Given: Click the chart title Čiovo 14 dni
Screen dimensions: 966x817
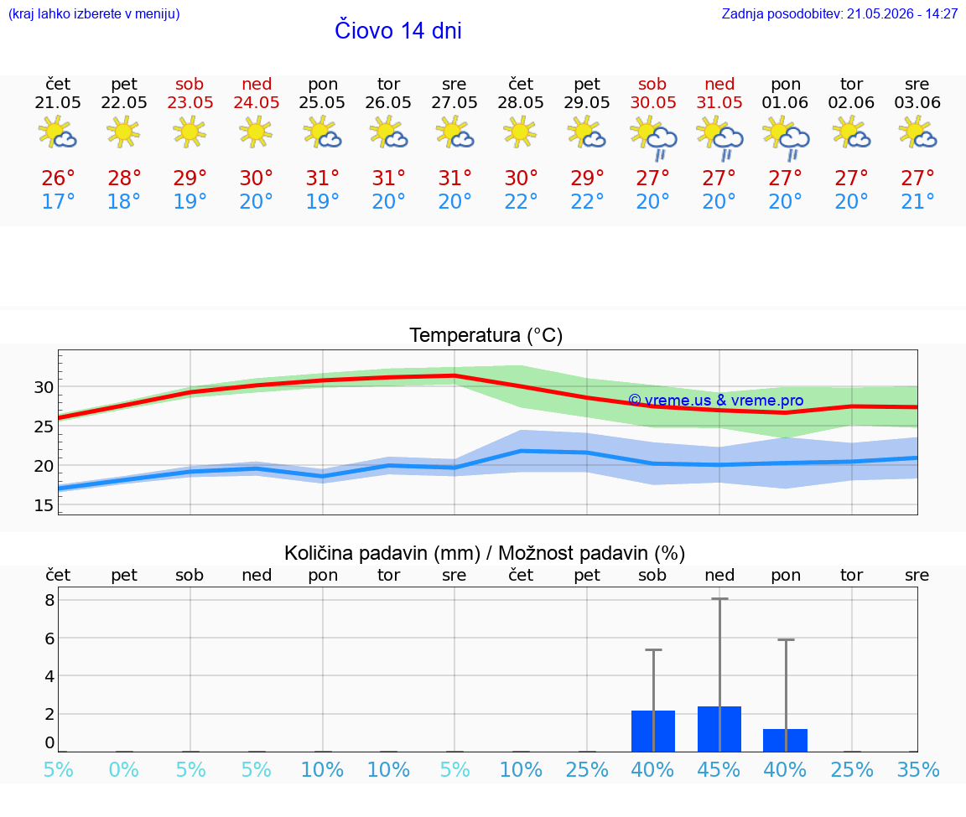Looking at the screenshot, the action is tap(398, 31).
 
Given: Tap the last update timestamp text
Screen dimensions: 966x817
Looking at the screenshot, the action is tap(839, 13).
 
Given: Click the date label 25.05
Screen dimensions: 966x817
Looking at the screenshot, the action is tap(322, 102).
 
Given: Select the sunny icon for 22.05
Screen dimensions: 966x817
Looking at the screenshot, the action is tap(123, 131).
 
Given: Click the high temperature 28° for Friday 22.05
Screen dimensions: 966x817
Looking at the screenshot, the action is tap(124, 178).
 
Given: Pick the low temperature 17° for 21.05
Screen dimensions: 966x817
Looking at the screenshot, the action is tap(58, 201).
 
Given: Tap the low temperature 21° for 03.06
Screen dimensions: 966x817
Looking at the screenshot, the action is tap(917, 201).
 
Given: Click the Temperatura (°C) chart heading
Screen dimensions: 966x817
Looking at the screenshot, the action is tap(486, 335).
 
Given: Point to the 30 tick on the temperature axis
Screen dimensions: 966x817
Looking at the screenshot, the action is tap(44, 387).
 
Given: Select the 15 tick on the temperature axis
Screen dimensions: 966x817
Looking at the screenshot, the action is tap(44, 505).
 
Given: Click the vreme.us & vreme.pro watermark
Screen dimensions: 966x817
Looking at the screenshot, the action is tap(716, 401).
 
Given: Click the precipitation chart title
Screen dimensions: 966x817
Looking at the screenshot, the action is tap(485, 553).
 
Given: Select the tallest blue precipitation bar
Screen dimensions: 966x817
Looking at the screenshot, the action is tap(719, 729).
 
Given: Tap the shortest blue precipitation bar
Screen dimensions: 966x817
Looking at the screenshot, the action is tap(786, 740).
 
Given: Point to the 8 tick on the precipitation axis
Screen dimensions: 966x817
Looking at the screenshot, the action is tap(50, 600).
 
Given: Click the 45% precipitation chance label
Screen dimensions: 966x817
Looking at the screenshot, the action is tap(719, 769).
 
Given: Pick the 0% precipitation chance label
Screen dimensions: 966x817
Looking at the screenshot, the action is tap(124, 769).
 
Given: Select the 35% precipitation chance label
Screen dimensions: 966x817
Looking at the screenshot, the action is tap(918, 769).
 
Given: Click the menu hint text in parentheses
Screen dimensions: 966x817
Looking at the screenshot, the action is tap(94, 13).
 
